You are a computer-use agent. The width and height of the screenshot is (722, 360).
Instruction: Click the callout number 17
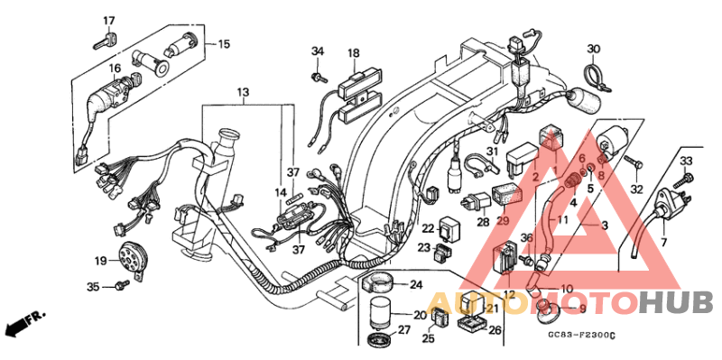click(108, 21)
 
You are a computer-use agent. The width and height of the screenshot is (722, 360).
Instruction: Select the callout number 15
click(224, 43)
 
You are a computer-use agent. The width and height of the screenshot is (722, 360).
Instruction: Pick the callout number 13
click(243, 93)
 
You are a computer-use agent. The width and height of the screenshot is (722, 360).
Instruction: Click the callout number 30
click(593, 49)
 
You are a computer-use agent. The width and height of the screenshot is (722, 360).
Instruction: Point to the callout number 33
click(685, 161)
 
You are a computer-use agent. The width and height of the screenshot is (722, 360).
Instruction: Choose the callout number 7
click(662, 244)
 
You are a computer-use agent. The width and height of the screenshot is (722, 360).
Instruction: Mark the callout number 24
click(416, 285)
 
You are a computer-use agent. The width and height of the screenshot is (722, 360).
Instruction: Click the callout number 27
click(403, 330)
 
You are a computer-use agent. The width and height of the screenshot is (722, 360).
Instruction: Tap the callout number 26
click(494, 330)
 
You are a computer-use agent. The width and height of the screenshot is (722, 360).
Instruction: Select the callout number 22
click(429, 229)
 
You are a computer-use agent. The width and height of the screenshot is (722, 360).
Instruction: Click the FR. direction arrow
click(24, 321)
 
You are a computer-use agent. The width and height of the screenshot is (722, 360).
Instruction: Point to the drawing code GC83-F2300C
click(580, 336)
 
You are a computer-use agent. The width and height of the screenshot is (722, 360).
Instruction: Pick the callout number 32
click(636, 189)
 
